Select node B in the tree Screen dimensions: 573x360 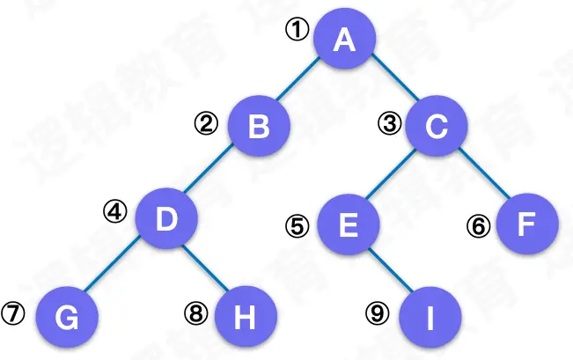point(259,128)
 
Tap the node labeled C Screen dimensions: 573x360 point(436,128)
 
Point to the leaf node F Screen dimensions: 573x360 point(526,225)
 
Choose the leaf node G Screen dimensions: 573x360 point(66,318)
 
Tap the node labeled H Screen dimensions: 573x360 point(246,318)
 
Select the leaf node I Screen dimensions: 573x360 point(429,318)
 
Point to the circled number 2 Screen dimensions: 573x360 point(206,123)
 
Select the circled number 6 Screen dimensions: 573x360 point(478,225)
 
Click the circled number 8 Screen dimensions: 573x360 point(195,312)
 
